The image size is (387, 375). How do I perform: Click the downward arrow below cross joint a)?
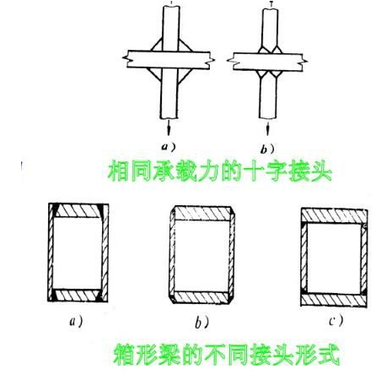click(x=169, y=128)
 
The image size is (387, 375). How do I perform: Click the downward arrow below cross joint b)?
click(x=267, y=128)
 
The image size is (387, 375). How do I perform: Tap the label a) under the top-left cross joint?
click(x=169, y=147)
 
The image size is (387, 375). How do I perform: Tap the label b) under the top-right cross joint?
click(x=267, y=149)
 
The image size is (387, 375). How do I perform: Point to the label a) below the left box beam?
click(x=76, y=321)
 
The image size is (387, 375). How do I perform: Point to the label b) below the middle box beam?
click(x=202, y=323)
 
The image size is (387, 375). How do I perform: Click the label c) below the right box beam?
click(x=336, y=321)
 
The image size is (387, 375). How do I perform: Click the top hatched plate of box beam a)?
click(x=78, y=210)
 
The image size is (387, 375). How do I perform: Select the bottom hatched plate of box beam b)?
click(x=202, y=297)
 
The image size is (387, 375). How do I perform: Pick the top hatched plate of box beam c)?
click(x=334, y=215)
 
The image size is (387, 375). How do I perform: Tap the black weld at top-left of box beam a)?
click(x=56, y=209)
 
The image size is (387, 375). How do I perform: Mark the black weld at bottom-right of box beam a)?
click(x=99, y=296)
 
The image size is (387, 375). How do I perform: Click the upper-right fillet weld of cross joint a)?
click(x=184, y=46)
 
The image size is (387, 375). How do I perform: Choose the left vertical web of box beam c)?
click(x=304, y=258)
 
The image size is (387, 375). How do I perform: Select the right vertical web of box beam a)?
click(x=105, y=253)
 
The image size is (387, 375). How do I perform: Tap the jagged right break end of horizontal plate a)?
click(x=211, y=60)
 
